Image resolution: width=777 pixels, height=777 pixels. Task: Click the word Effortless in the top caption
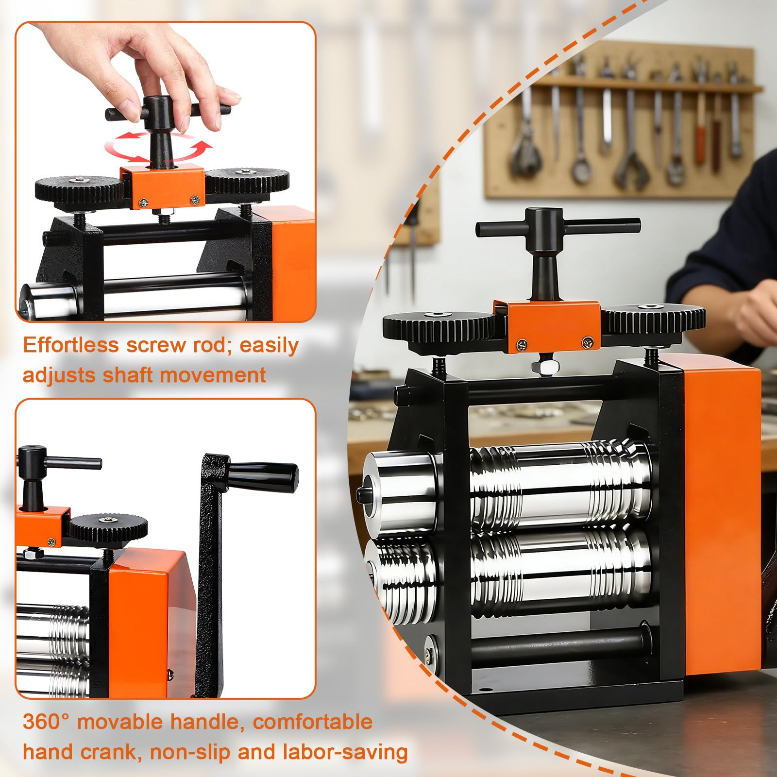(x=71, y=345)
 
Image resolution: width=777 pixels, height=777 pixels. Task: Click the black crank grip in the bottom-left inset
(x=263, y=476)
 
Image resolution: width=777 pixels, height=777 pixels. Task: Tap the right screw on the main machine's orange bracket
(x=587, y=343)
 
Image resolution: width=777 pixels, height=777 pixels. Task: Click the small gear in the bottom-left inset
(x=107, y=527)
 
